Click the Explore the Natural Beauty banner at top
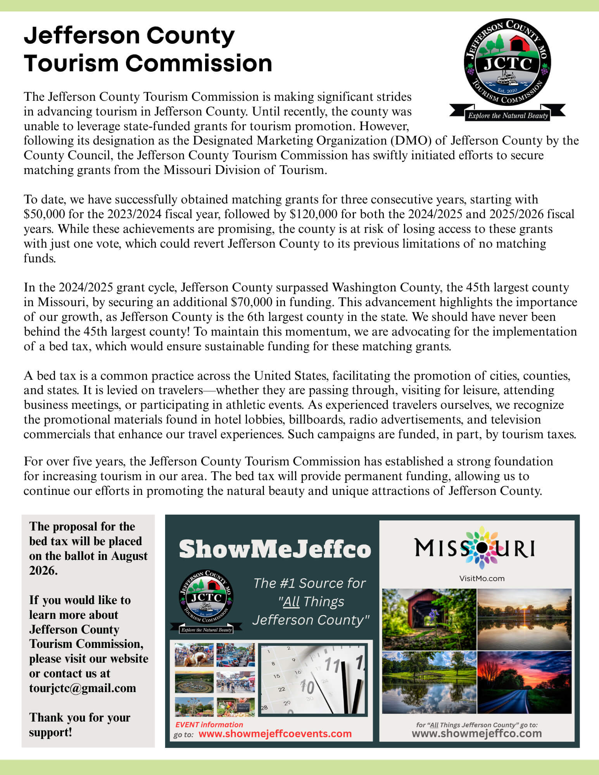[508, 115]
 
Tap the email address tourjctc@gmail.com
[83, 688]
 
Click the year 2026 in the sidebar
[43, 570]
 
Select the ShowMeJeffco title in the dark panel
[275, 549]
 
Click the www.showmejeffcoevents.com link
[275, 734]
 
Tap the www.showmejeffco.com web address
[476, 733]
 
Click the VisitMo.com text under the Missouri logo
[482, 579]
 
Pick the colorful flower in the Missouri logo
[481, 547]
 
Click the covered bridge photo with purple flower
[429, 619]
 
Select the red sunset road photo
[524, 682]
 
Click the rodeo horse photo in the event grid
[194, 655]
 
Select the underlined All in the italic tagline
[291, 601]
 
